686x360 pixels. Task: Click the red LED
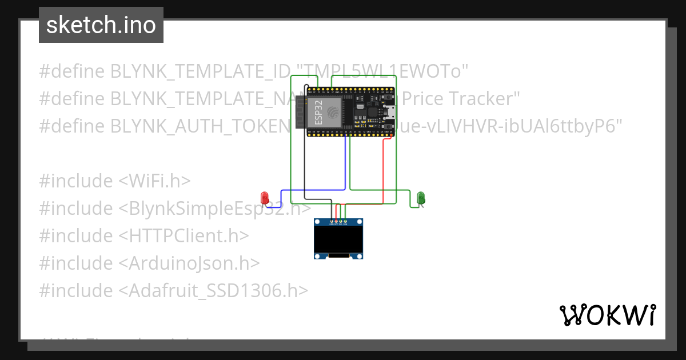265,198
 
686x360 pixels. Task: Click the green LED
421,198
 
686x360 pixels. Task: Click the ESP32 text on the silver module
317,111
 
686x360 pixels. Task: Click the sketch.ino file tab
101,25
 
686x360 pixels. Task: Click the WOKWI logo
607,315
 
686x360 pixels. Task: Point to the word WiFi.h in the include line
154,181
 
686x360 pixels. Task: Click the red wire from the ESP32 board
382,171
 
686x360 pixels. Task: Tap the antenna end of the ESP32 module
300,112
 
